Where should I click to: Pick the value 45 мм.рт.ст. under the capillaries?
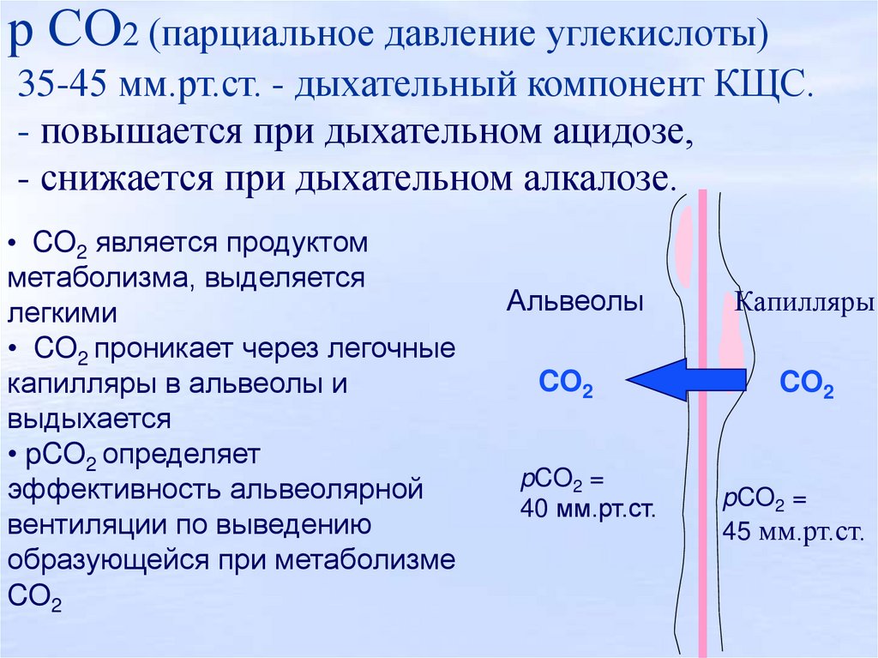coord(791,532)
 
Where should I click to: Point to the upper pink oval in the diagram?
coord(685,245)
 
